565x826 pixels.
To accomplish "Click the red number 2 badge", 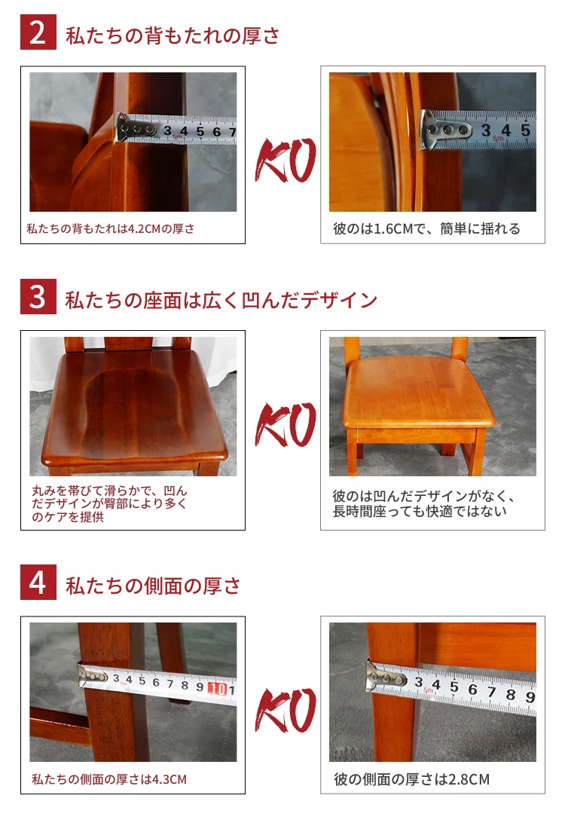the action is (x=38, y=32).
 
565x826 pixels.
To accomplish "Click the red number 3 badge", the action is (x=38, y=297).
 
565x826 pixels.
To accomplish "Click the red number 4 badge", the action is (x=38, y=582).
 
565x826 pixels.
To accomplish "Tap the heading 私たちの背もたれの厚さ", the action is (x=173, y=35).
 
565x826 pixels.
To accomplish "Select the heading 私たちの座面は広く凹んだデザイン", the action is (x=221, y=300).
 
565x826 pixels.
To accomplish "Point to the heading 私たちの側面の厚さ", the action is (x=153, y=586).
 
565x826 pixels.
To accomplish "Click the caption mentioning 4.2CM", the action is (x=111, y=228).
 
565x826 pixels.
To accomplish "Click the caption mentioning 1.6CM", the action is (x=426, y=228).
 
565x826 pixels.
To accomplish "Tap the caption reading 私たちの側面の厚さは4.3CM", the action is (x=109, y=779).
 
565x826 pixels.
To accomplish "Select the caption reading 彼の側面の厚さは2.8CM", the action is (x=411, y=779).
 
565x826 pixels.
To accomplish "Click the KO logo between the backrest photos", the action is (x=286, y=160).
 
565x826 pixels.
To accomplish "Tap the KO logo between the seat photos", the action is (x=286, y=424).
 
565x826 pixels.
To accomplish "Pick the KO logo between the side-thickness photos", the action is (x=286, y=710).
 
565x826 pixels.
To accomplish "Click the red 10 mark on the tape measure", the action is (x=218, y=689).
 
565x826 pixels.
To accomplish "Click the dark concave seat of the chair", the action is (x=134, y=410).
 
